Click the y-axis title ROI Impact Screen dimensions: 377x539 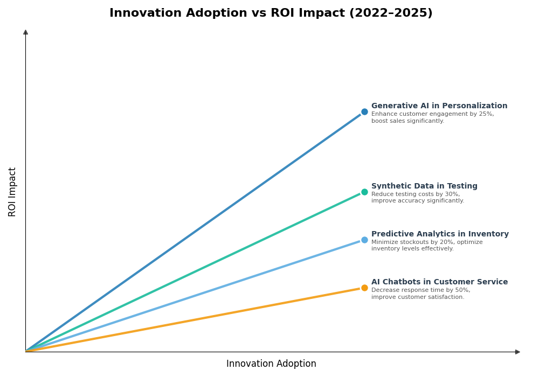pyautogui.click(x=12, y=192)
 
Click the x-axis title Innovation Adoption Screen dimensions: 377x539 pyautogui.click(x=271, y=364)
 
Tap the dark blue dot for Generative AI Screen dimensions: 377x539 pyautogui.click(x=364, y=112)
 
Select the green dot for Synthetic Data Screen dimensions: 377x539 pyautogui.click(x=364, y=192)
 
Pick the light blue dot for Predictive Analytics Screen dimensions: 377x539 pyautogui.click(x=364, y=240)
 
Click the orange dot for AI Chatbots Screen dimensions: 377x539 pyautogui.click(x=364, y=288)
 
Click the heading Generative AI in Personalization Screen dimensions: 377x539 pyautogui.click(x=439, y=106)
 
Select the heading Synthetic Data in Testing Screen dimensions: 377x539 pyautogui.click(x=424, y=186)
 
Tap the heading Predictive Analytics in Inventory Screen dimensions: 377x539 pyautogui.click(x=440, y=234)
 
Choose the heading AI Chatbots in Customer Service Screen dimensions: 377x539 pyautogui.click(x=439, y=282)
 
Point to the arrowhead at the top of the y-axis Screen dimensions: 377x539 pyautogui.click(x=25, y=32)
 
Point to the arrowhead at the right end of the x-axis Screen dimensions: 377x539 pyautogui.click(x=517, y=352)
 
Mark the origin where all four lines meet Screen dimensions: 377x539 pyautogui.click(x=26, y=351)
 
